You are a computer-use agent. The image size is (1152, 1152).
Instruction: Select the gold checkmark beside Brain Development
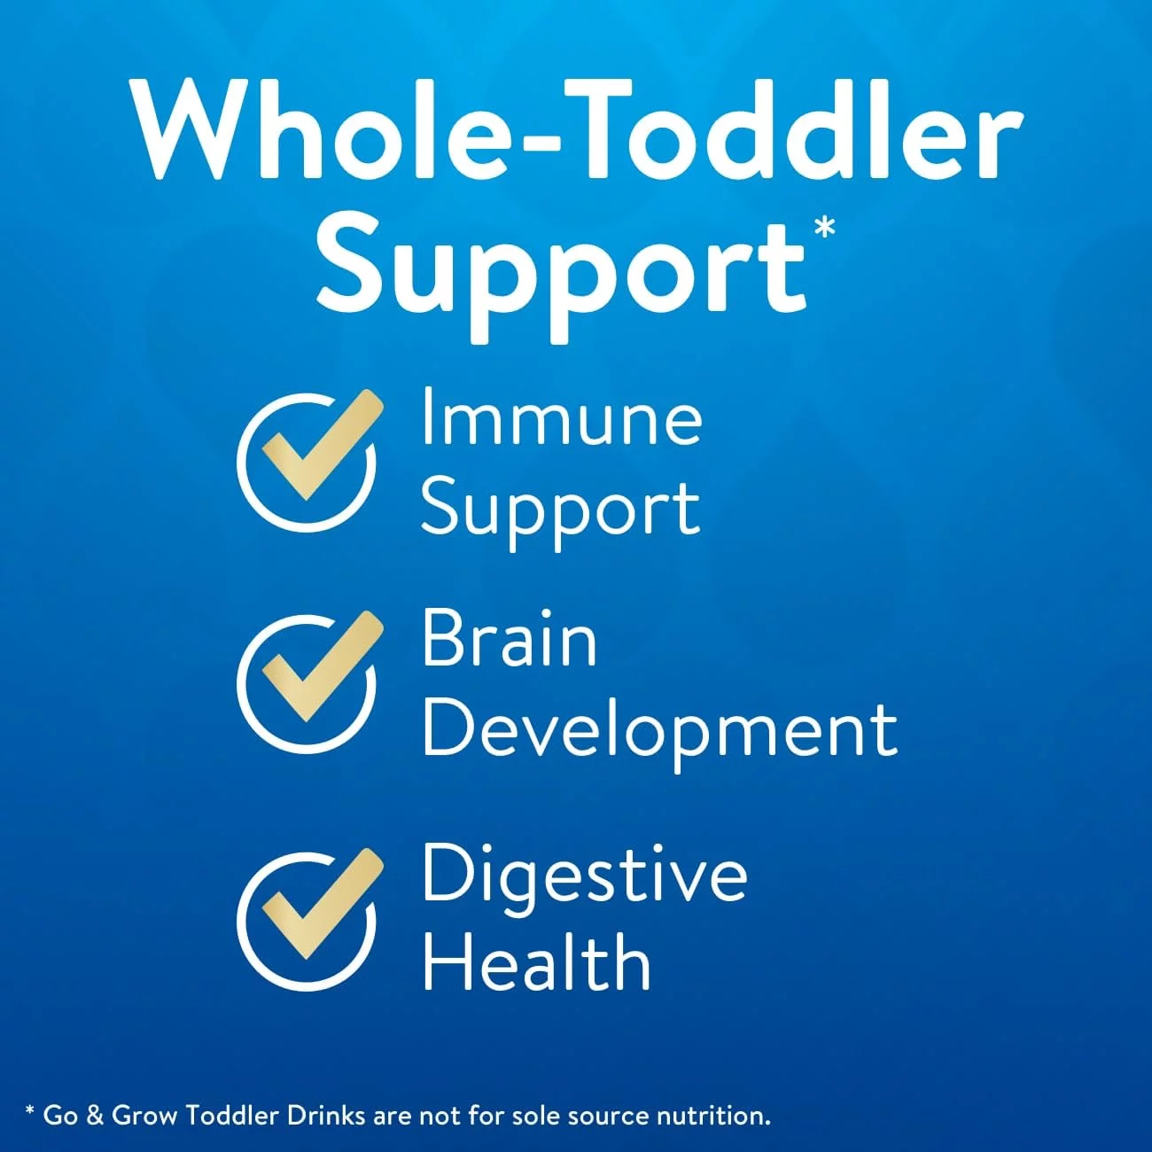click(323, 666)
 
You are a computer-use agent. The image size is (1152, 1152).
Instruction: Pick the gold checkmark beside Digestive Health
click(323, 903)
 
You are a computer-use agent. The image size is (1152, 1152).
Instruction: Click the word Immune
click(562, 417)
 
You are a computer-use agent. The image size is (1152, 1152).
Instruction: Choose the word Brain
click(510, 639)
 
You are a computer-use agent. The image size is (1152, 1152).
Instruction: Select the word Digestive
click(585, 879)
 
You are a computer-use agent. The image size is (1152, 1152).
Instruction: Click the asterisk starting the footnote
click(30, 1111)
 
